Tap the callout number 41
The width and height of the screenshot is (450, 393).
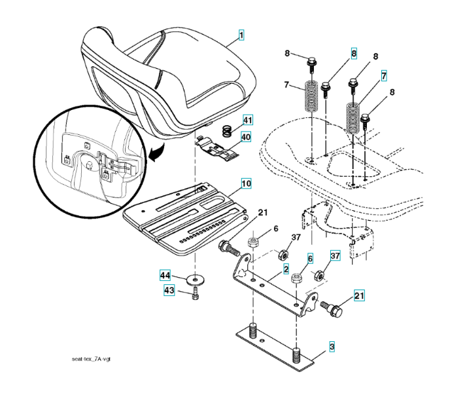click(247, 119)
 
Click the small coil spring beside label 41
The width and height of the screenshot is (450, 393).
click(224, 130)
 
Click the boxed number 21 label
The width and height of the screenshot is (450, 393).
click(358, 296)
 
